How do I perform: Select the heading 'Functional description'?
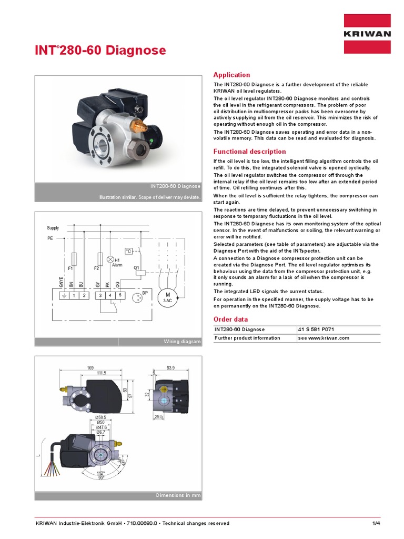click(x=249, y=152)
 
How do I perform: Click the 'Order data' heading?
click(x=230, y=319)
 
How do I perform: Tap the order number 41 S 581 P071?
click(x=316, y=330)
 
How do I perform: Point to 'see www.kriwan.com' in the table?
click(x=324, y=338)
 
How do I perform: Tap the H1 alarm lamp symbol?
click(x=110, y=259)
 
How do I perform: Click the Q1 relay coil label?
click(x=136, y=267)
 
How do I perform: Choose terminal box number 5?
click(x=120, y=296)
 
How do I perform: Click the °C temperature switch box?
click(x=128, y=251)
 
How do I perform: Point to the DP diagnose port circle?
click(x=138, y=298)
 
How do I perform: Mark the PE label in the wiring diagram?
click(x=50, y=238)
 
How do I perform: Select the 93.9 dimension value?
click(x=170, y=367)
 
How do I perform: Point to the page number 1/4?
click(x=376, y=523)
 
